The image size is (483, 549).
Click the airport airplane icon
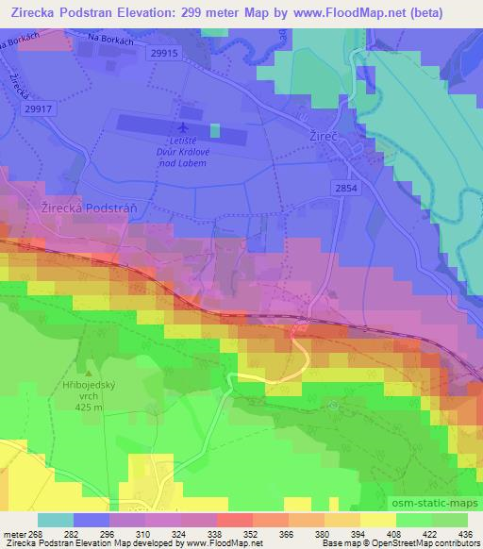tap(182, 127)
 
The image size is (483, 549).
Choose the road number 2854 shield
tap(344, 190)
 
